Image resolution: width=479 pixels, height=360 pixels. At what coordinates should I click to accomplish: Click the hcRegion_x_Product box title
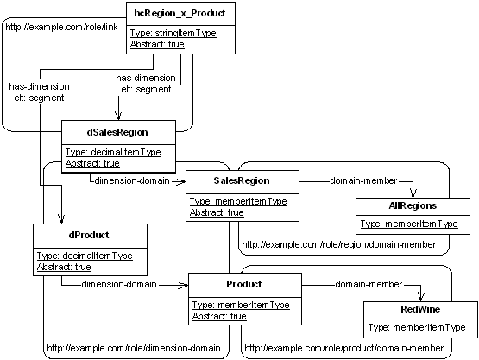click(180, 14)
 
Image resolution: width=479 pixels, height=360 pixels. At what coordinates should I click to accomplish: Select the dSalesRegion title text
click(117, 133)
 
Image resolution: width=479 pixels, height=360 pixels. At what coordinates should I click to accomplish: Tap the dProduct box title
click(89, 235)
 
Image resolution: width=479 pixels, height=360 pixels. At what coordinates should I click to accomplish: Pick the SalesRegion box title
click(242, 180)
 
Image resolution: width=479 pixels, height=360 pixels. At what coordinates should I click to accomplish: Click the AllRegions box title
click(413, 206)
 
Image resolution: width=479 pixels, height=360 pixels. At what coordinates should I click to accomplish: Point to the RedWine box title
click(420, 309)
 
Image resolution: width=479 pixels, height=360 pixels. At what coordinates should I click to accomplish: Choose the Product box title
click(244, 284)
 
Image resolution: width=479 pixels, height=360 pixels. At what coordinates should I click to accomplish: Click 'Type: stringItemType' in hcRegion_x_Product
click(173, 33)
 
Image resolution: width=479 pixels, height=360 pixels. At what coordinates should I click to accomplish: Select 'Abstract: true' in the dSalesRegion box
click(92, 163)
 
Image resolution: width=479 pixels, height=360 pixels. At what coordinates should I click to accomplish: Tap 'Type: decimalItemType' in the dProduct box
click(85, 256)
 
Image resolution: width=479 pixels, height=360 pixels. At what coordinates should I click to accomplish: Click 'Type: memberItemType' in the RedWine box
click(417, 327)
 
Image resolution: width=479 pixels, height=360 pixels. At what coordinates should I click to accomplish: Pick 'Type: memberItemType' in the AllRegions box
click(409, 224)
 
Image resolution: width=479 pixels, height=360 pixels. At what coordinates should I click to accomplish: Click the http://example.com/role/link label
click(61, 28)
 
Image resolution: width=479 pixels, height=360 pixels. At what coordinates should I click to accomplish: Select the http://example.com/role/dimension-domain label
click(134, 348)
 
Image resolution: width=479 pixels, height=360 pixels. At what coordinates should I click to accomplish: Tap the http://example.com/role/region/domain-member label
click(339, 244)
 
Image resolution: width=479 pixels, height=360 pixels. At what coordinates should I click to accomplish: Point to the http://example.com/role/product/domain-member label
click(344, 348)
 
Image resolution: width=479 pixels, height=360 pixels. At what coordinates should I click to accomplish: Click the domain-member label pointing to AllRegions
click(363, 181)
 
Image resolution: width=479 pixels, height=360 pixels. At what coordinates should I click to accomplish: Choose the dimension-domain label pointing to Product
click(119, 285)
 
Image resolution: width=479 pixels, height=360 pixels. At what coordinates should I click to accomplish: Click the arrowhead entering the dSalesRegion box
click(118, 116)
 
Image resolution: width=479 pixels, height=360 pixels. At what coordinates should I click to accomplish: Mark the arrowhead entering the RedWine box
click(421, 297)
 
